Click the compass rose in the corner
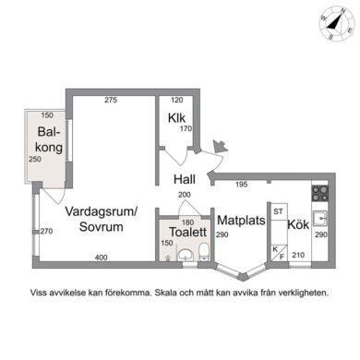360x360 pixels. coord(337,23)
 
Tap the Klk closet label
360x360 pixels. coord(176,118)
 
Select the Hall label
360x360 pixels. coord(185,179)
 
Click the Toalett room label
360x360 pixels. coord(188,232)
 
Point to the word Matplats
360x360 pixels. coord(241,221)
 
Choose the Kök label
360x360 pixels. coord(298,224)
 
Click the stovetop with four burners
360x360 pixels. coord(320,194)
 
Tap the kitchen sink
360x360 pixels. coord(320,219)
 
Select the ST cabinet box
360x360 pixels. coord(279,211)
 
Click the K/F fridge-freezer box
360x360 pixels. coord(279,253)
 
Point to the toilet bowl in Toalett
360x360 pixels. coord(204,251)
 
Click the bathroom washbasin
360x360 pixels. coord(186,255)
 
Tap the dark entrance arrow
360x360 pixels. coord(220,146)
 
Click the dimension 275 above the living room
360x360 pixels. coord(111,100)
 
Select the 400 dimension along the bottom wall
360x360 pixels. coord(101,258)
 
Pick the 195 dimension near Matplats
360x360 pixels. coord(242,185)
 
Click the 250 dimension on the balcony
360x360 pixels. coord(35,159)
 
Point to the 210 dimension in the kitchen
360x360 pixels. coord(298,255)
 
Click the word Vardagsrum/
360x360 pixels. coord(102,211)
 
